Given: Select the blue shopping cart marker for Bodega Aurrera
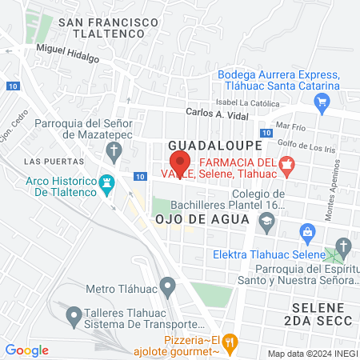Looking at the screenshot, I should [322, 102].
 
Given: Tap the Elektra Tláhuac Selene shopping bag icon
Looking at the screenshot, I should [306, 231].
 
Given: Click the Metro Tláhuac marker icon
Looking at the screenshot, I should [167, 285].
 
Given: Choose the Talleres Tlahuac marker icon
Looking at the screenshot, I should [74, 316].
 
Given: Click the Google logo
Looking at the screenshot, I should [26, 350].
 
